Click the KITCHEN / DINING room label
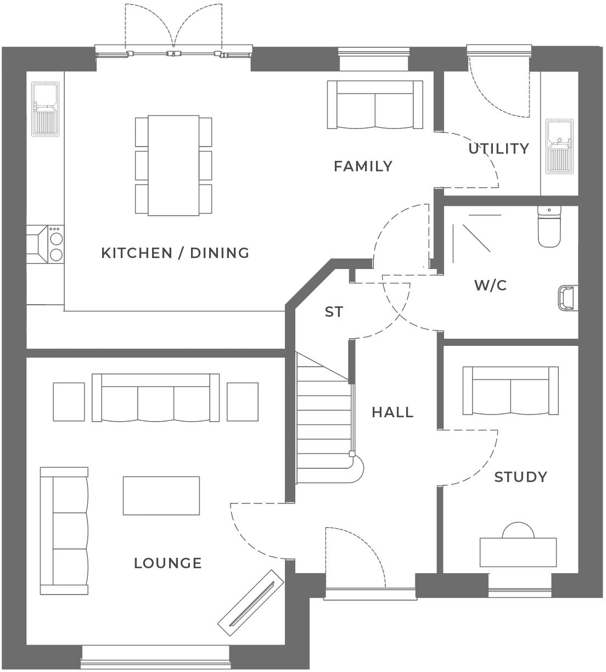tap(175, 253)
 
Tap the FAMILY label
tap(363, 166)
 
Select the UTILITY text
tap(498, 149)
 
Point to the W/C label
tap(490, 285)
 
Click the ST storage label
tap(334, 312)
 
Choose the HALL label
tap(392, 412)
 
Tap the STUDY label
tap(520, 477)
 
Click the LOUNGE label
tap(168, 563)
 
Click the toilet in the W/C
tap(549, 226)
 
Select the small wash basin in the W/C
tap(569, 298)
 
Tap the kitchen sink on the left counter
tap(46, 110)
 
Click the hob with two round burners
tap(56, 244)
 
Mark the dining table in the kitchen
tap(173, 165)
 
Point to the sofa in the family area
tap(375, 104)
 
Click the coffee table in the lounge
tap(161, 495)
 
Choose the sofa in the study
tap(510, 391)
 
